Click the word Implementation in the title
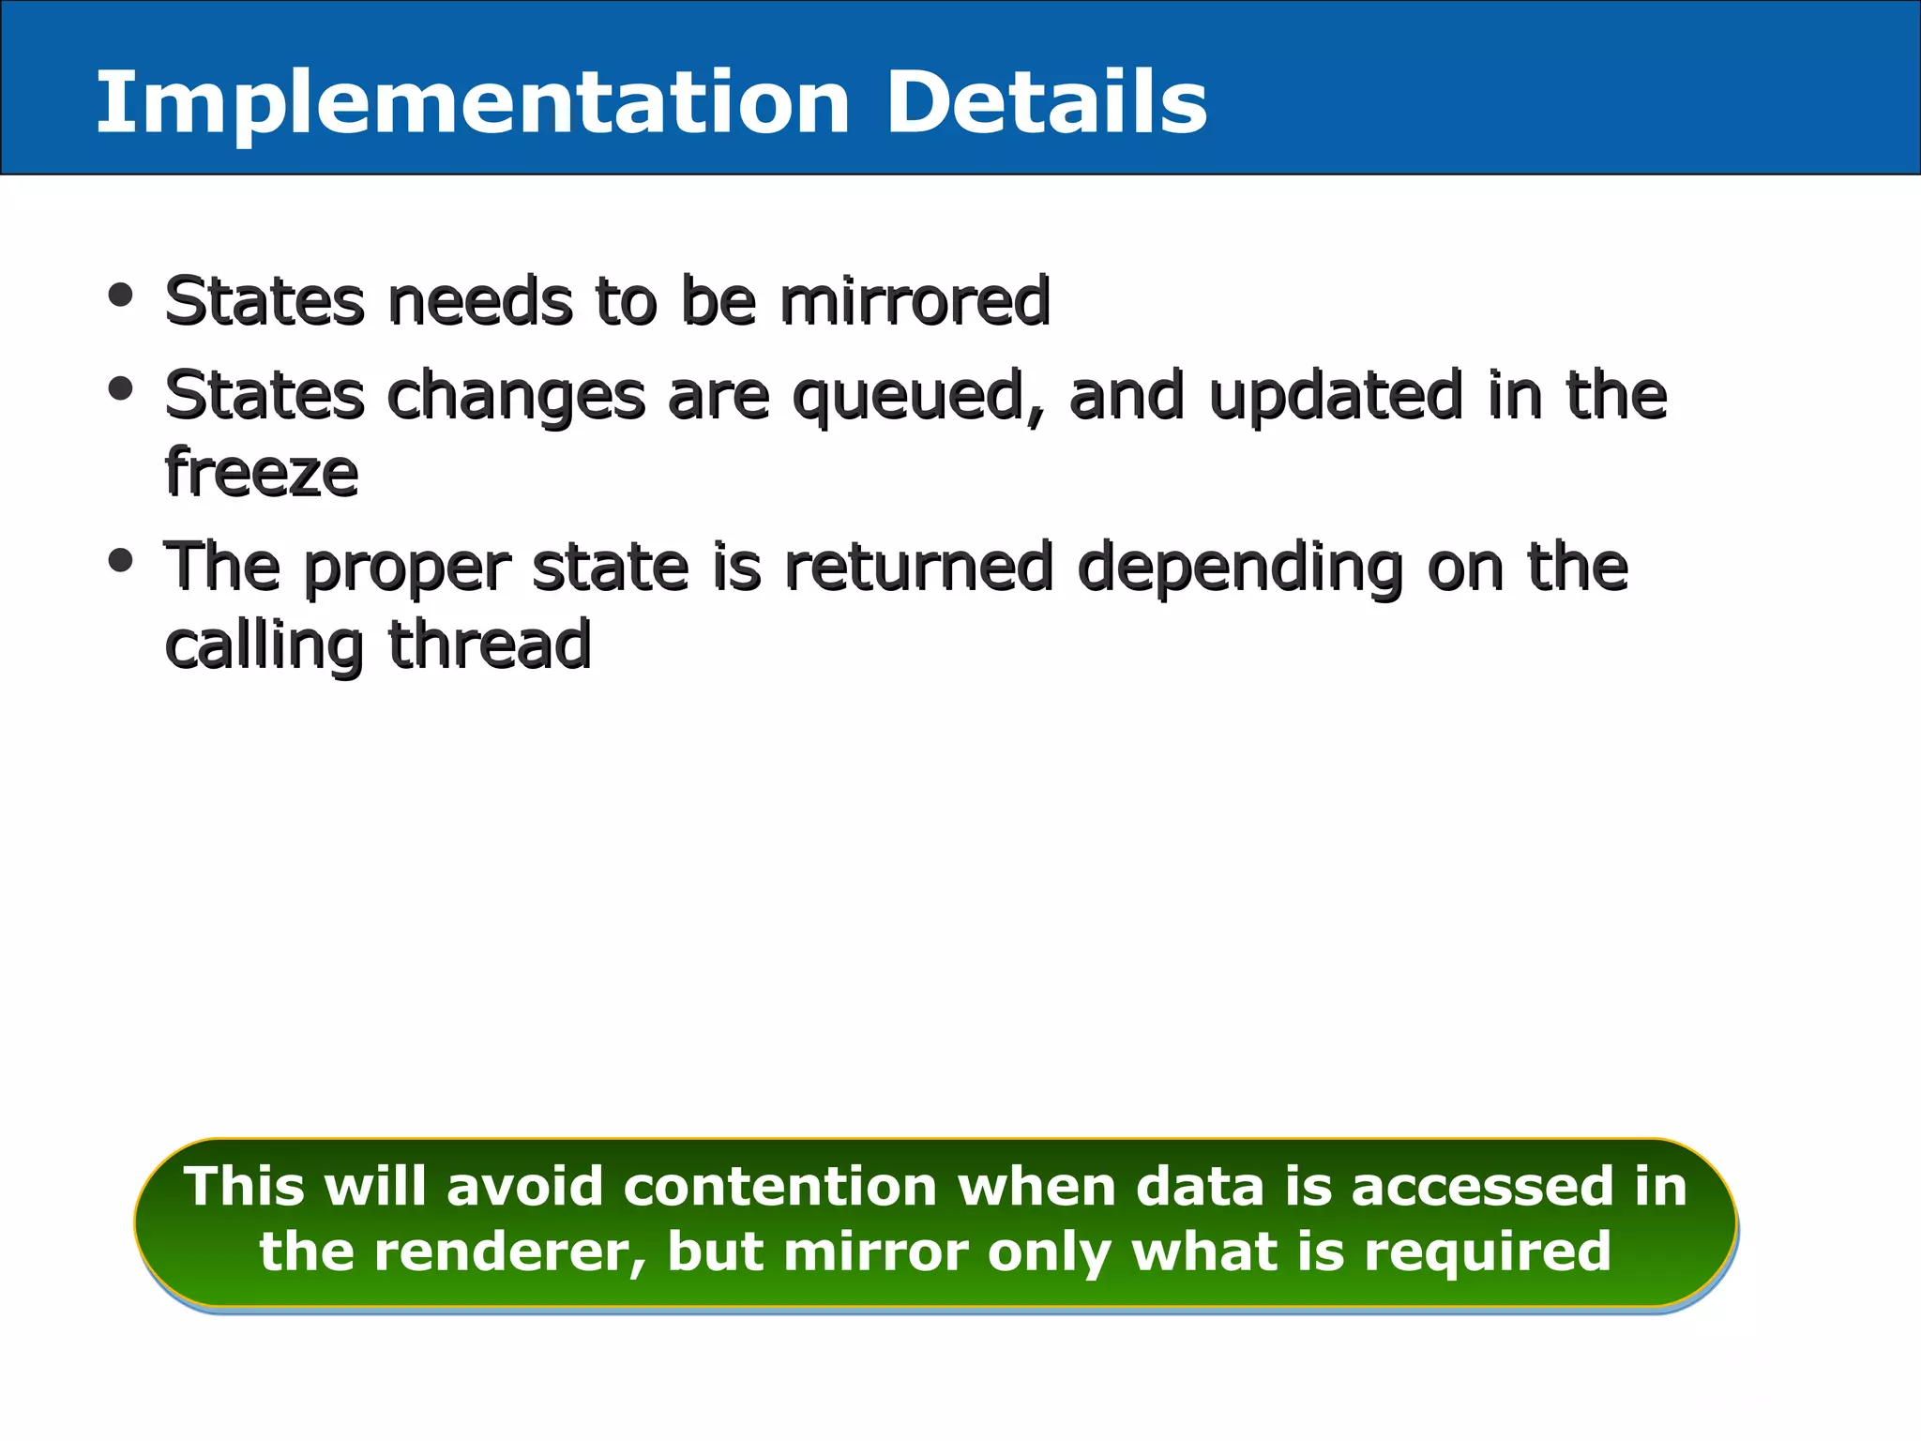(x=474, y=103)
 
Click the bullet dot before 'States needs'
(x=120, y=296)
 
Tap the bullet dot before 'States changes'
(x=120, y=388)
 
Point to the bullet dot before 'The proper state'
(x=120, y=561)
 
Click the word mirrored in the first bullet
(x=915, y=301)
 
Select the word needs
(x=479, y=301)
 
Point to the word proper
(x=408, y=569)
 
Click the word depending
(x=1241, y=569)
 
